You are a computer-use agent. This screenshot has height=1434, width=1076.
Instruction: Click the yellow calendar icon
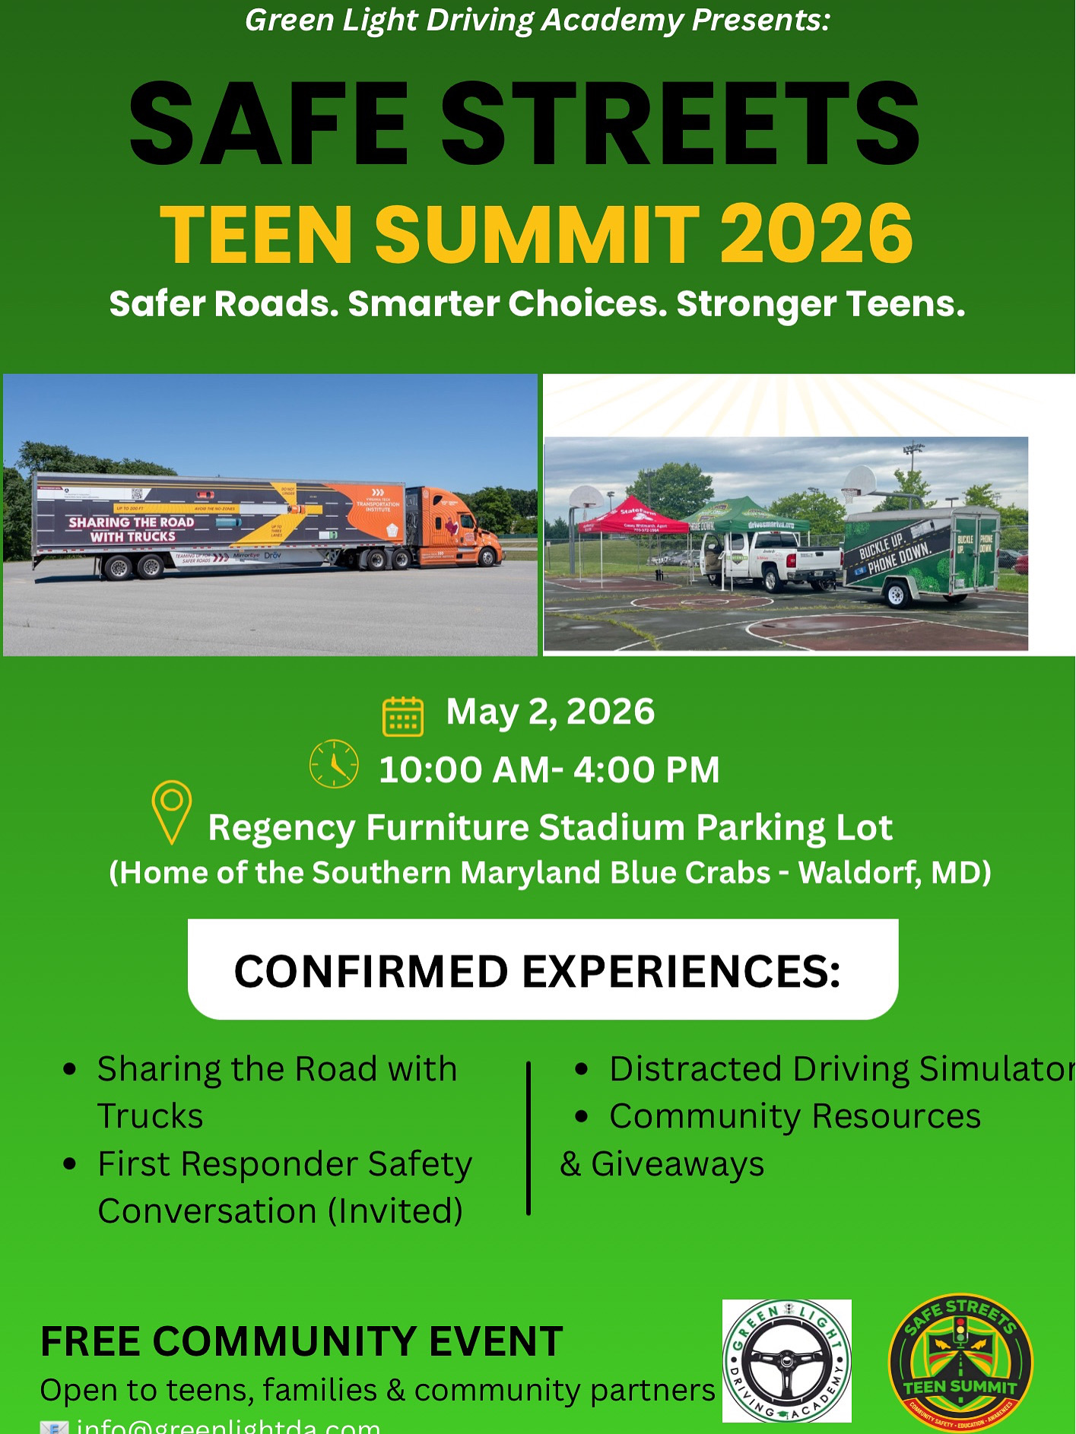coord(403,716)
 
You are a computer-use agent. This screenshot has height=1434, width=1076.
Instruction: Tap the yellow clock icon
coord(334,763)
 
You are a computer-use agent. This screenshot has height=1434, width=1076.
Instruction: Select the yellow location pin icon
coord(172,811)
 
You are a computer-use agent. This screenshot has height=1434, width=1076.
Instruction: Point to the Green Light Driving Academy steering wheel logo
coord(786,1361)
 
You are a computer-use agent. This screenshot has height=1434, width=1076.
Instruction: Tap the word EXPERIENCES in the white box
coord(681,972)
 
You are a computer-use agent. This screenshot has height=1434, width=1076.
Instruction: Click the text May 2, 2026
coord(550,712)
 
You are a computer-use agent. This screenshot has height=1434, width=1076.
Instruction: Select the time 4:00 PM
coord(646,769)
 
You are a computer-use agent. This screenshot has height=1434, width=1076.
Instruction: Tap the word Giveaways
coord(677,1164)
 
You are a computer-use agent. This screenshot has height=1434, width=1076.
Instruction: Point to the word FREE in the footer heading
coord(89,1342)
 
